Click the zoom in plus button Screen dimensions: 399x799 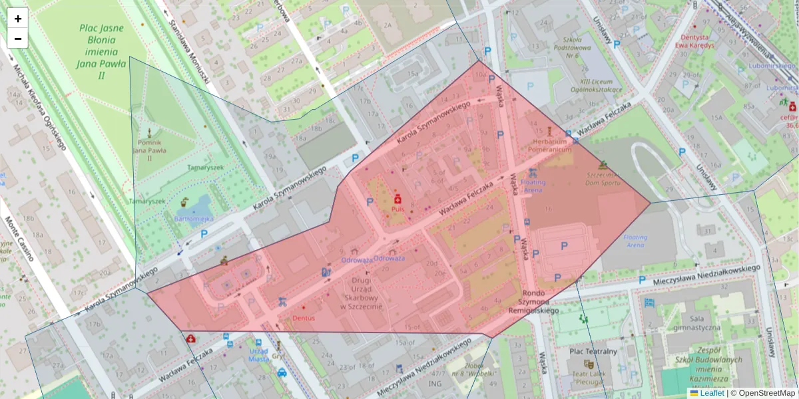[18, 19]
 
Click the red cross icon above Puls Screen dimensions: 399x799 [398, 199]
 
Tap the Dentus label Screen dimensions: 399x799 [303, 318]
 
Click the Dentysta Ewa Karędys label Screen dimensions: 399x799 [694, 41]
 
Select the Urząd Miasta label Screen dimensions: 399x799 [258, 354]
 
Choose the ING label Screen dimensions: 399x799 [435, 383]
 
